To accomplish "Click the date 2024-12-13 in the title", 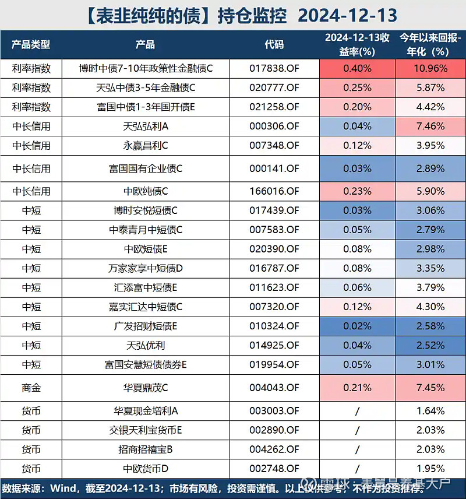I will coord(349,15).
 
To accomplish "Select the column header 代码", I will coord(274,44).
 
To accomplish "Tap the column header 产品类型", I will coord(31,44).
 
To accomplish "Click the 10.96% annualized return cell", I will coord(430,68).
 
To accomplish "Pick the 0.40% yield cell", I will coord(357,68).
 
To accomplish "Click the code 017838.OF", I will coord(274,68).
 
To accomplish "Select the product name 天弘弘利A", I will coord(146,126).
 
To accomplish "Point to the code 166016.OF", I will coord(274,191).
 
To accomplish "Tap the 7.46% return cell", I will coord(430,126).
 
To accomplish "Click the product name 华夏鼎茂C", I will coord(146,387).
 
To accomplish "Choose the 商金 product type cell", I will coord(31,387).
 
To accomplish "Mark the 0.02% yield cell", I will coord(357,326).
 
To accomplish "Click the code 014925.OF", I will coord(274,345).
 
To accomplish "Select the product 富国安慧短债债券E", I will coord(146,365).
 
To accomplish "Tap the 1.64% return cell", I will coord(430,411).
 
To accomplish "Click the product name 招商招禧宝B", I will coord(146,449).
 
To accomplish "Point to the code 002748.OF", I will coord(274,469).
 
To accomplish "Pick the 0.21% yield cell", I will coord(357,387).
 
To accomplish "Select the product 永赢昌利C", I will coord(146,145).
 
